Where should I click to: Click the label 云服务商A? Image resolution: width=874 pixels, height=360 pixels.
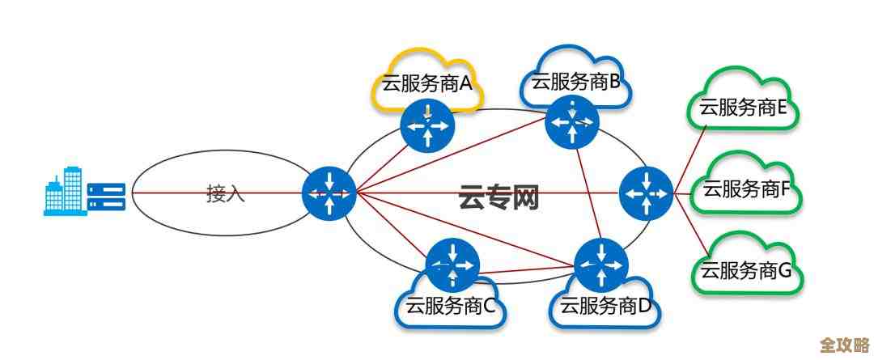pyautogui.click(x=426, y=84)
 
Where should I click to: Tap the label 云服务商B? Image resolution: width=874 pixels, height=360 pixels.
pyautogui.click(x=575, y=81)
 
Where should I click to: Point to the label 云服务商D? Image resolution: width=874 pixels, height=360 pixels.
pyautogui.click(x=606, y=307)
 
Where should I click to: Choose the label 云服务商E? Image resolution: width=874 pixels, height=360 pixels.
pyautogui.click(x=744, y=108)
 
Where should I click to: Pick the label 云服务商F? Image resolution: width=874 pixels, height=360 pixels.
pyautogui.click(x=746, y=190)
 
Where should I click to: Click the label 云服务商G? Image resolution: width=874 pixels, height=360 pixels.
pyautogui.click(x=746, y=271)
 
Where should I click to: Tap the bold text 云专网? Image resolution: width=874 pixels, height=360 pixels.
pyautogui.click(x=499, y=197)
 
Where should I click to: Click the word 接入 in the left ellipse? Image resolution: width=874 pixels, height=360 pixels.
pyautogui.click(x=226, y=194)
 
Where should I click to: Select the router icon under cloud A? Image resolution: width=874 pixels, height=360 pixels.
pyautogui.click(x=428, y=125)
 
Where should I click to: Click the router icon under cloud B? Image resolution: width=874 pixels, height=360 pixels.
pyautogui.click(x=573, y=121)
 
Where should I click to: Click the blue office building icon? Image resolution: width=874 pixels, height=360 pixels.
pyautogui.click(x=64, y=191)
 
